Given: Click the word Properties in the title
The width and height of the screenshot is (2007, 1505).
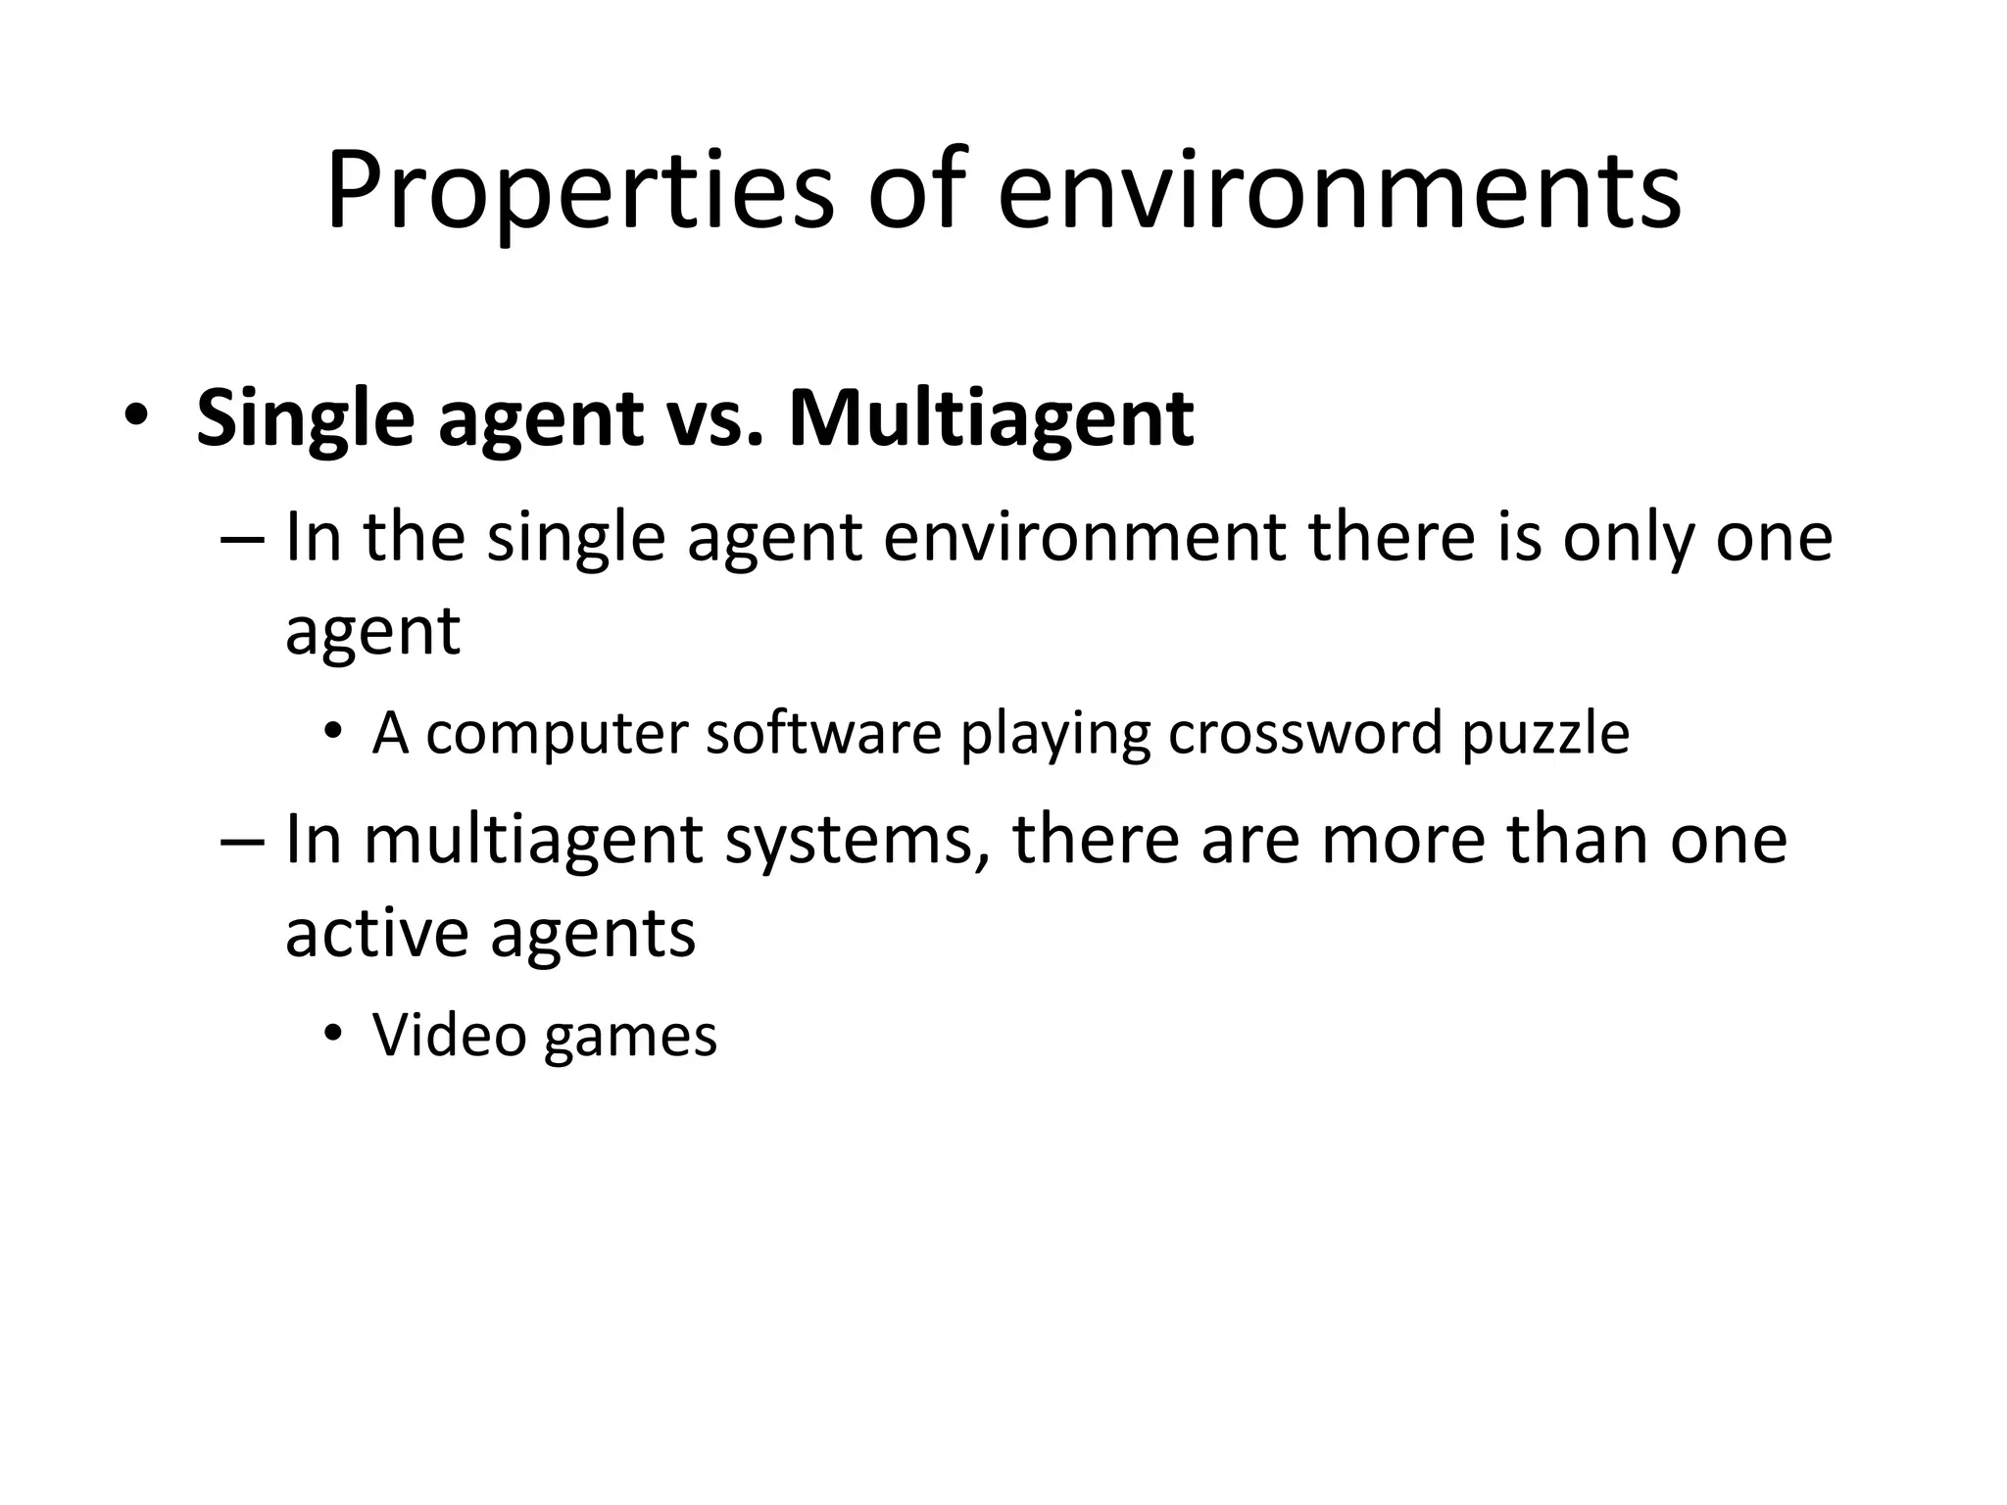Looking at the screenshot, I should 579,194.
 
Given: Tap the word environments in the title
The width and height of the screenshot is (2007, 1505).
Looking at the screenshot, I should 1339,194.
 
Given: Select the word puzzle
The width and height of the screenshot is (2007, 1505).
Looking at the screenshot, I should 1545,735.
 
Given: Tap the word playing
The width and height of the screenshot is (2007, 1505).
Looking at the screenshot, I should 1054,735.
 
